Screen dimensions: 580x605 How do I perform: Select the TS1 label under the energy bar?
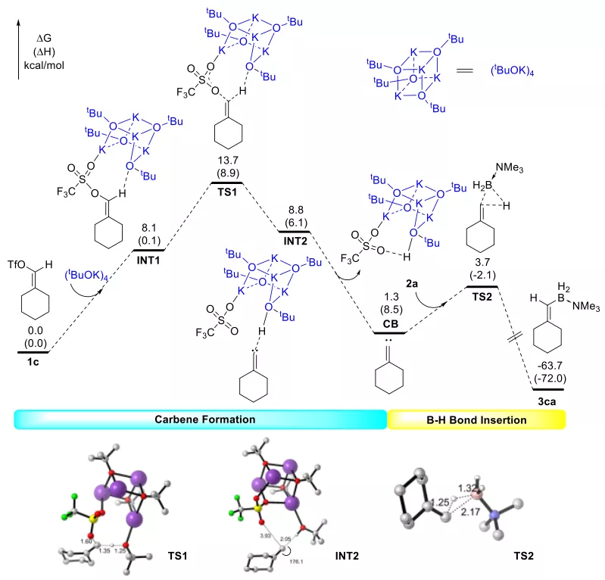226,193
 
